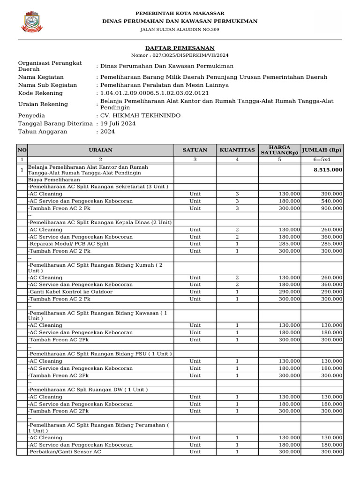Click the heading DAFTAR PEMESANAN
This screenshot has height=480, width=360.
point(180,48)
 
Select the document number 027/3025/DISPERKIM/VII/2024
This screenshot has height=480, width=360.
point(180,55)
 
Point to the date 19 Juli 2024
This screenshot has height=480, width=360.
point(118,123)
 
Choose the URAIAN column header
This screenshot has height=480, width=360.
point(101,150)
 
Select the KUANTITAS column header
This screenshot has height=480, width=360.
point(237,150)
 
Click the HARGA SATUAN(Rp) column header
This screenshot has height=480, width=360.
point(279,150)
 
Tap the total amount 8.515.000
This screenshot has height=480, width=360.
point(328,170)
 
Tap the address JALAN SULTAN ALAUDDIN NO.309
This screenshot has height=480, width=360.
point(180,30)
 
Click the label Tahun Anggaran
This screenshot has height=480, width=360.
point(43,132)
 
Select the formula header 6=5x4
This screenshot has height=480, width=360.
point(322,160)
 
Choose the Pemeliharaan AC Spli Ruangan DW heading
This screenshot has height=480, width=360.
point(88,390)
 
